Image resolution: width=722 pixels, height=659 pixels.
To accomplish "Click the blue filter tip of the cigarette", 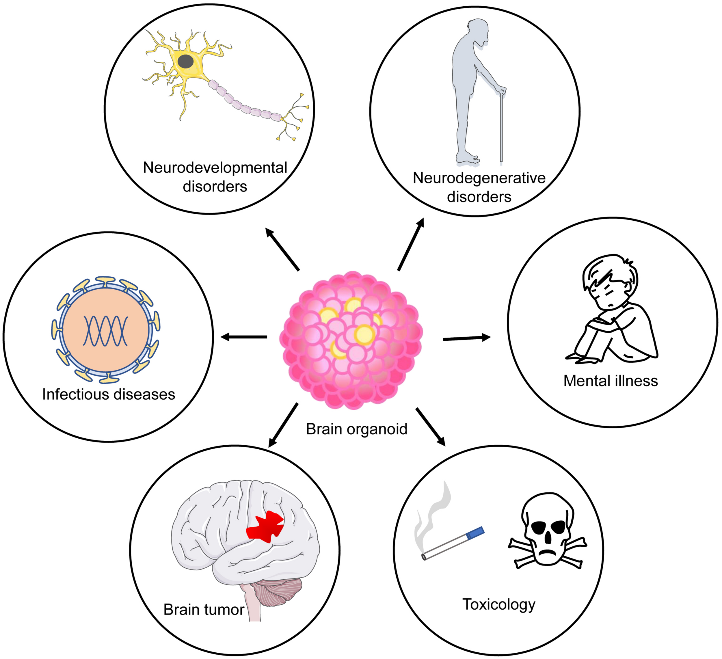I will (476, 533).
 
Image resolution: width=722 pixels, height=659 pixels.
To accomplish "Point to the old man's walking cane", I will (501, 129).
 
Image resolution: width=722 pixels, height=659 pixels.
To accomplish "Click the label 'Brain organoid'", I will (357, 429).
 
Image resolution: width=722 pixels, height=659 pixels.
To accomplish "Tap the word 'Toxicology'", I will (499, 604).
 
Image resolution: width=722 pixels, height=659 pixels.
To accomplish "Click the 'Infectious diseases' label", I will (109, 394).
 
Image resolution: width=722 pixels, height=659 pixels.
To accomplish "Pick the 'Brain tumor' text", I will (204, 610).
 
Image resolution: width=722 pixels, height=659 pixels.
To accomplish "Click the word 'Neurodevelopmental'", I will (215, 167).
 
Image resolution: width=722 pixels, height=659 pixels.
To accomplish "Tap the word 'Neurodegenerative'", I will (479, 178).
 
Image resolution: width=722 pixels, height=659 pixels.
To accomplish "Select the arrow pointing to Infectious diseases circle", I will (243, 337).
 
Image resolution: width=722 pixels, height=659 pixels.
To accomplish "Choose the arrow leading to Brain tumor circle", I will (283, 425).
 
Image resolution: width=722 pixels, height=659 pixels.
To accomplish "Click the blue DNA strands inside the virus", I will (105, 331).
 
